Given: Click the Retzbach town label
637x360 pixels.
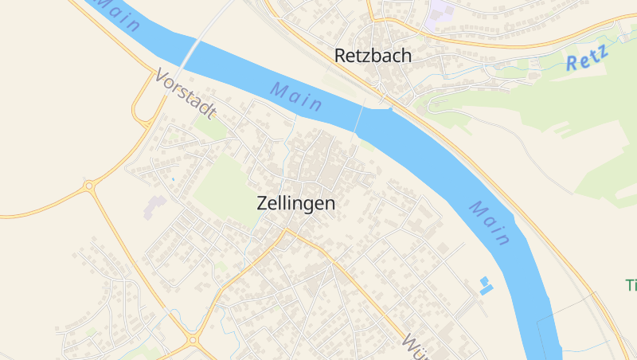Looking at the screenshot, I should [x=373, y=56].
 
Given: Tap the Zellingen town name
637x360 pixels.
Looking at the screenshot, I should [x=296, y=203].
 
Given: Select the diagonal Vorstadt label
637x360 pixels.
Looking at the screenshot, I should [x=186, y=94].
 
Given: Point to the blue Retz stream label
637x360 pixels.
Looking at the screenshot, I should [x=588, y=59].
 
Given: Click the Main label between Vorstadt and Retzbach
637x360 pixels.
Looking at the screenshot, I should [x=296, y=96].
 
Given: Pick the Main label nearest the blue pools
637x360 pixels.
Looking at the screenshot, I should [x=489, y=222].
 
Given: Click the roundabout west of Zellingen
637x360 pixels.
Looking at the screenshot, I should [x=89, y=186].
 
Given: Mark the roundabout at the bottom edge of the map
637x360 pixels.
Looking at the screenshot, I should [x=193, y=341].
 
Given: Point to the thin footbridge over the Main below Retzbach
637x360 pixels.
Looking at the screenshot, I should [x=358, y=119].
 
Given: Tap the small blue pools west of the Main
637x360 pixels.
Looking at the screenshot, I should [x=485, y=285].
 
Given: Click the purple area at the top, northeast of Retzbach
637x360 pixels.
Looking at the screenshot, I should [x=440, y=13].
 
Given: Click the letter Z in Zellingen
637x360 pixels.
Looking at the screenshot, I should [x=264, y=203].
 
